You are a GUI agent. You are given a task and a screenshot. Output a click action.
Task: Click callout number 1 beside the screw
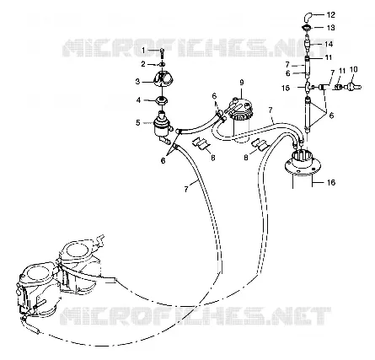coord(143,51)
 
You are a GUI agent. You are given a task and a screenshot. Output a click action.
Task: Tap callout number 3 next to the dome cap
coord(137,82)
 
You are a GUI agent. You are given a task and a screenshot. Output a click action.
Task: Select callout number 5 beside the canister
coord(137,122)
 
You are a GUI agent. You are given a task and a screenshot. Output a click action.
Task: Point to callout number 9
coord(242,83)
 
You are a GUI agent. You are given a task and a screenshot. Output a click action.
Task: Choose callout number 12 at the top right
coord(331,14)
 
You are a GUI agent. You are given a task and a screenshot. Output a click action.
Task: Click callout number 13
coord(330,28)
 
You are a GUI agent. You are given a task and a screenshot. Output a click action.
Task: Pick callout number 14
coord(329,44)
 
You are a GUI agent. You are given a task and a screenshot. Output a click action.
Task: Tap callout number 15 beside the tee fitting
coord(286,88)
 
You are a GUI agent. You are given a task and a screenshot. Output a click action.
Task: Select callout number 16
coord(331,182)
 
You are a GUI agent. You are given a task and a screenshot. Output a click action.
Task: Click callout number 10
coord(353,69)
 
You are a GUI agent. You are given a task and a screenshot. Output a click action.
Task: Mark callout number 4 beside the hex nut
coord(138,99)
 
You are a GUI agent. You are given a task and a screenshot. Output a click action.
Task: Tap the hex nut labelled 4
coord(162,99)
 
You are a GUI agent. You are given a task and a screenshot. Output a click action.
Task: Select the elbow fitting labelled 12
coord(307,17)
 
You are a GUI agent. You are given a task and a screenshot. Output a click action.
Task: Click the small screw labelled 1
coord(162,52)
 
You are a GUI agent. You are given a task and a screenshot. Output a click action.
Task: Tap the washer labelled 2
coord(162,65)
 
